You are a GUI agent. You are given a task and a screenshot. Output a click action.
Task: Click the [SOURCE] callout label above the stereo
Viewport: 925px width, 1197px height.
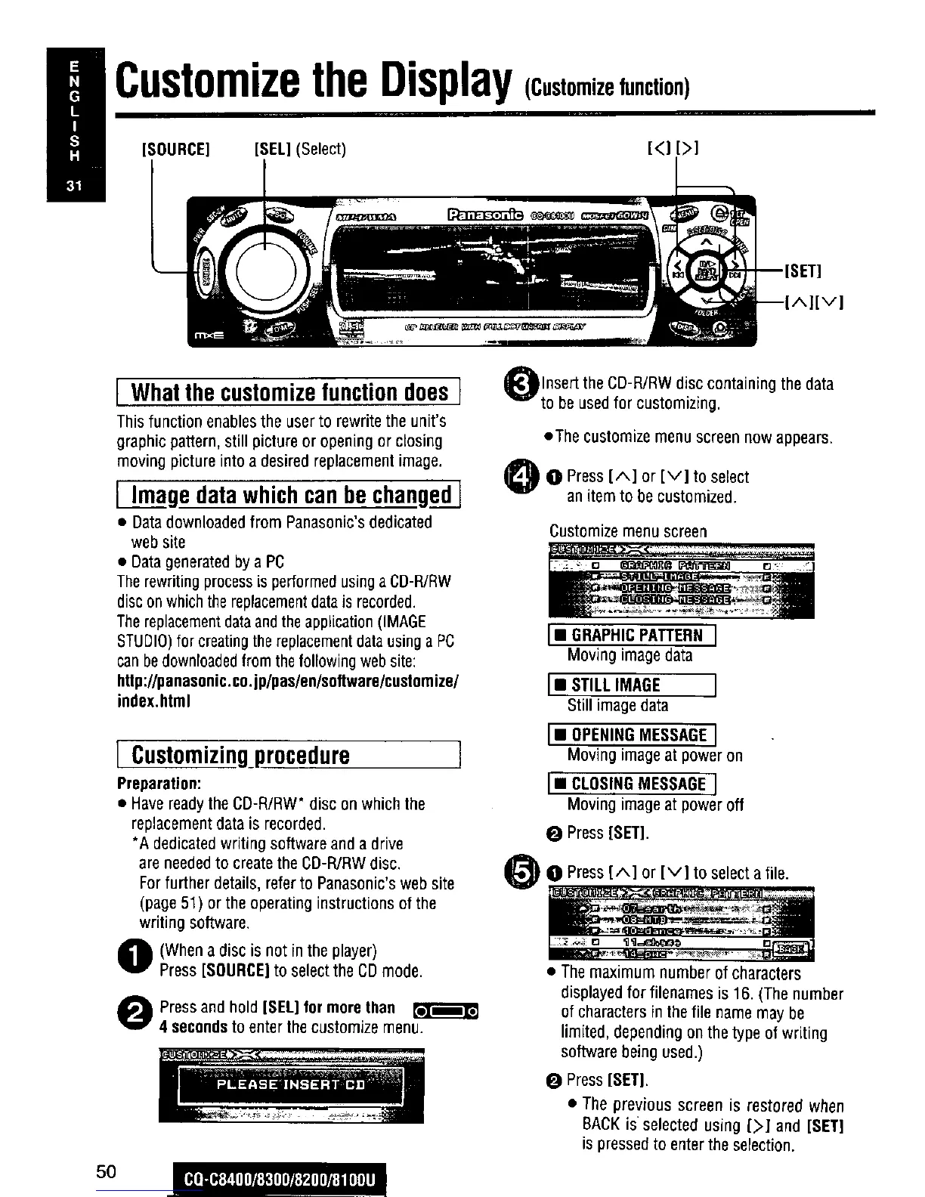[175, 149]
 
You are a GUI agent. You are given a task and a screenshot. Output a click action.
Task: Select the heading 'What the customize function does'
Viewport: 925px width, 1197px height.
[289, 392]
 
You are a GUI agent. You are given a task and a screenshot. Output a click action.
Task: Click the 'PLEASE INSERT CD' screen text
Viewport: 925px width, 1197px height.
[291, 1084]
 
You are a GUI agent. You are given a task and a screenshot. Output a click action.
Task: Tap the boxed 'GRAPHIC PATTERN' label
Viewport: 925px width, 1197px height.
[632, 636]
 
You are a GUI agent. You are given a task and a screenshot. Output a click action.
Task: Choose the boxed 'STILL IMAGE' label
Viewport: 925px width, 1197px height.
[632, 685]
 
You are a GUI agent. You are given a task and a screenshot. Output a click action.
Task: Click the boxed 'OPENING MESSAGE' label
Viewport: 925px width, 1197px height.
[632, 735]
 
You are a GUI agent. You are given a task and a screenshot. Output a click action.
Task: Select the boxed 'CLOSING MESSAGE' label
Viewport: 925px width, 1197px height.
[632, 784]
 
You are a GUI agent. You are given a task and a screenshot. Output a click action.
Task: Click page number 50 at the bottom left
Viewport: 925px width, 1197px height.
[107, 1171]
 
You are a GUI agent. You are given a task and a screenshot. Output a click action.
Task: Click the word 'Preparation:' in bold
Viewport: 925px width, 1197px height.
[159, 782]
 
